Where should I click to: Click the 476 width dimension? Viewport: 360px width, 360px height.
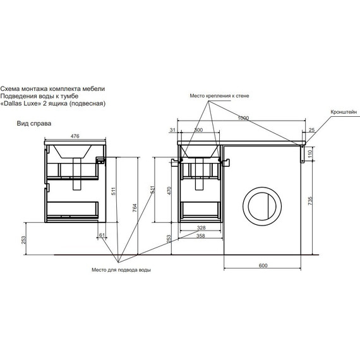tap(75, 136)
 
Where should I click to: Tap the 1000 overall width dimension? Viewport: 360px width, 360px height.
tap(243, 118)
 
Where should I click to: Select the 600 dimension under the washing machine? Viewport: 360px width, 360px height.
tap(263, 265)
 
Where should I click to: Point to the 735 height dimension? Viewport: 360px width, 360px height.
tap(310, 201)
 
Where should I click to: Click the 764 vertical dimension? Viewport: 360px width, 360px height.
tap(135, 208)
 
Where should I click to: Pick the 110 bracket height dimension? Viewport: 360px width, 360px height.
tap(310, 153)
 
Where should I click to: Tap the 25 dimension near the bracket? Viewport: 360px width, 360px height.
tap(311, 130)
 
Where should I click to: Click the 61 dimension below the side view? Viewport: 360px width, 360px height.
tap(102, 235)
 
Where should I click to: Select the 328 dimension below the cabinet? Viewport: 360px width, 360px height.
tap(201, 228)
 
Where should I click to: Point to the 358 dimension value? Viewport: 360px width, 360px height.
tap(201, 236)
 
